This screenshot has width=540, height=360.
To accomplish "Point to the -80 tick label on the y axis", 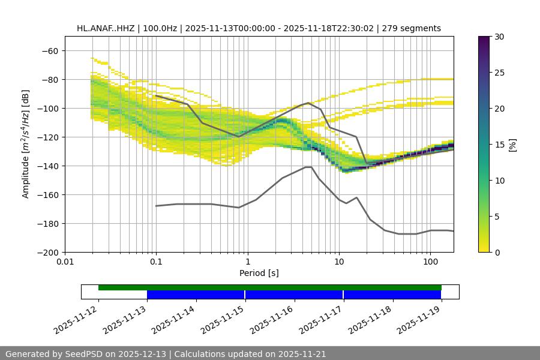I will pos(50,79).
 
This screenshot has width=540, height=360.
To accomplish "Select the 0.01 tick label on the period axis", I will pos(65,262).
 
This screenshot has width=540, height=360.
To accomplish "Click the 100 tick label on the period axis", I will pos(430,262).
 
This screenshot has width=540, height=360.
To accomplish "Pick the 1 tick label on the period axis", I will pos(248,262).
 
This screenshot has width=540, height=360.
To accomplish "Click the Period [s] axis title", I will pos(259,273).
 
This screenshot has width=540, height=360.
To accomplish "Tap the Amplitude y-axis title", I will pos(26,144).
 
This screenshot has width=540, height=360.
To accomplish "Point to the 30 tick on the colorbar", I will pos(499,37).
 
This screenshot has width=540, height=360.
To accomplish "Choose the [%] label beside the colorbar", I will pos(512,145).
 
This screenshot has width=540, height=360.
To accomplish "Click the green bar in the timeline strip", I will pos(270,287).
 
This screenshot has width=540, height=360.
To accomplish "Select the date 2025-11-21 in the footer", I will pos(303,354).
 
